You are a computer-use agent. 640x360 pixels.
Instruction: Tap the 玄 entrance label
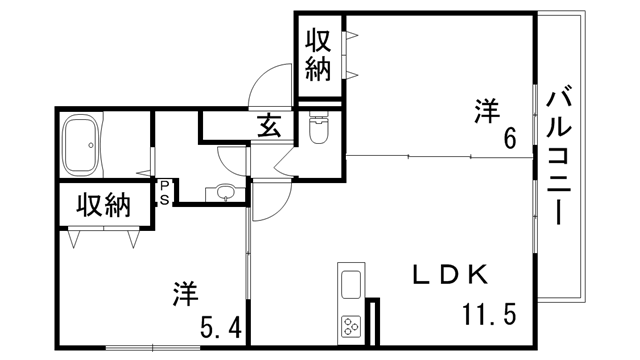pyautogui.click(x=270, y=127)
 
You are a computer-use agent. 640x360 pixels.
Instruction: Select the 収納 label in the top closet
pyautogui.click(x=318, y=56)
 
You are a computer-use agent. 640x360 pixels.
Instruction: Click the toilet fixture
pyautogui.click(x=319, y=130)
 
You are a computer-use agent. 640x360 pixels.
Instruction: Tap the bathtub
pyautogui.click(x=83, y=146)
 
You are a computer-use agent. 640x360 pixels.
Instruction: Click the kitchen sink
pyautogui.click(x=351, y=284)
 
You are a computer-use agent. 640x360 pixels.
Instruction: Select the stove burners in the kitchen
pyautogui.click(x=351, y=326)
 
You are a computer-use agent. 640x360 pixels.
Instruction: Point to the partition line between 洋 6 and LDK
pyautogui.click(x=440, y=156)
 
